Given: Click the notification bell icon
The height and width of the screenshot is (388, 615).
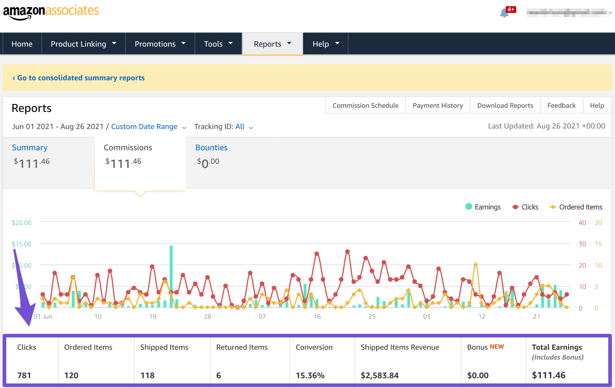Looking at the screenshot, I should point(504,13).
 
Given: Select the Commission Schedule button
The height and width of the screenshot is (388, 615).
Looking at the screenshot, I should point(365,105).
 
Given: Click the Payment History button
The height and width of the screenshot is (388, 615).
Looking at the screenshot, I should point(438,105).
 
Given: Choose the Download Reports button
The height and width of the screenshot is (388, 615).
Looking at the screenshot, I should point(505,105).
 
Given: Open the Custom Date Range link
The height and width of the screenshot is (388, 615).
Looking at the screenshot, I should point(144,127).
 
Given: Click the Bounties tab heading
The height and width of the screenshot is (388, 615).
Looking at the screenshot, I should point(211,148).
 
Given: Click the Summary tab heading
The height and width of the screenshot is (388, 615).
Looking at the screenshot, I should point(30,148).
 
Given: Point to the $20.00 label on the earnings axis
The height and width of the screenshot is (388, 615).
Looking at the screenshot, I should point(21,223).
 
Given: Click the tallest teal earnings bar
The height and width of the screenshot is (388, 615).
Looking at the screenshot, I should point(171,276).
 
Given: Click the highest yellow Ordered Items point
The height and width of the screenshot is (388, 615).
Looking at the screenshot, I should point(475,264).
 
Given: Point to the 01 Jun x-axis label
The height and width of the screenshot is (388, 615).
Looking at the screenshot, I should point(43,316).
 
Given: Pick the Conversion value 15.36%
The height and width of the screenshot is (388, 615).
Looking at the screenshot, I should point(310,375).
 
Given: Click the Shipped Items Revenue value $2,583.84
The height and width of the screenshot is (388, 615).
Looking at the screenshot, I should point(380,375).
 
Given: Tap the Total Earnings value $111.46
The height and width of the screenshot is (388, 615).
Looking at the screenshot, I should point(549,375).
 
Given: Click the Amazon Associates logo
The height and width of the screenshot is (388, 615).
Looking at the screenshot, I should point(51,12).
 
